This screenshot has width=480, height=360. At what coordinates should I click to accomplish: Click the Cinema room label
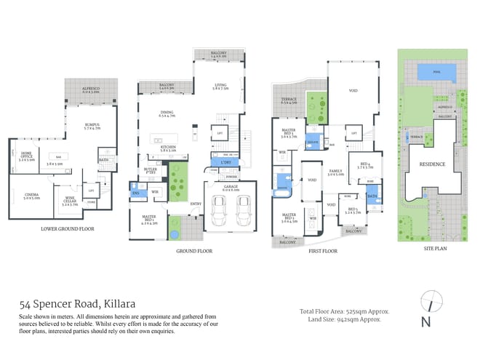pos(31,196)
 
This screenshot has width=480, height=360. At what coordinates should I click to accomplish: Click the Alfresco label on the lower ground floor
pos(91,89)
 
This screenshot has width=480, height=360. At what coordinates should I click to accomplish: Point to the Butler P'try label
pos(151,169)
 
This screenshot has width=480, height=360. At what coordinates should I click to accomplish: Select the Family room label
pos(335,173)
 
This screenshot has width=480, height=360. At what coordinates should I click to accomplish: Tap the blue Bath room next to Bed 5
pos(372,196)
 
